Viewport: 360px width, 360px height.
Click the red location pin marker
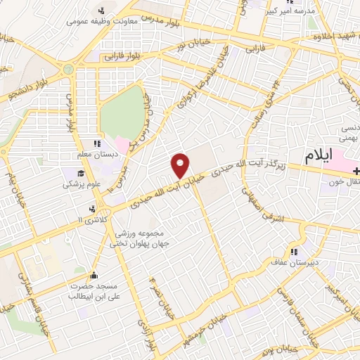click(x=181, y=165)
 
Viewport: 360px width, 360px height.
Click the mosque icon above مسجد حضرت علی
click(x=96, y=274)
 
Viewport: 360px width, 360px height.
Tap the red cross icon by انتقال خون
click(x=356, y=171)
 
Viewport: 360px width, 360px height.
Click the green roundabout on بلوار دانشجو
click(x=68, y=69)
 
